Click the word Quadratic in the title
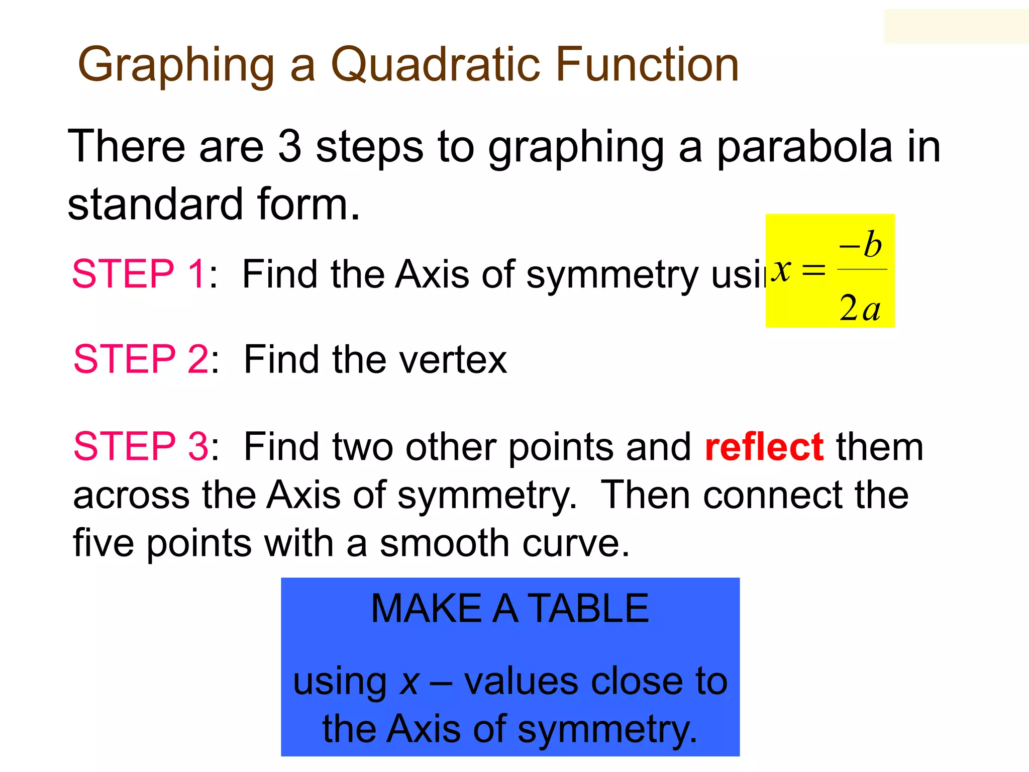coord(435,65)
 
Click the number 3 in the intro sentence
coord(289,147)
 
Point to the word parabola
coord(804,148)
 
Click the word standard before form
coord(155,205)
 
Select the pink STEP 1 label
coord(138,274)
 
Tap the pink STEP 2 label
coord(140,359)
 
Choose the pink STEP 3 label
coord(140,446)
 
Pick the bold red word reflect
coord(764,446)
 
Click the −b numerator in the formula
coord(860,245)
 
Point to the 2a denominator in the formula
coord(860,308)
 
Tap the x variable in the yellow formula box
coord(782,270)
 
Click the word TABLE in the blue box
coord(589,609)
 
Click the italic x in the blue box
coord(409,683)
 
